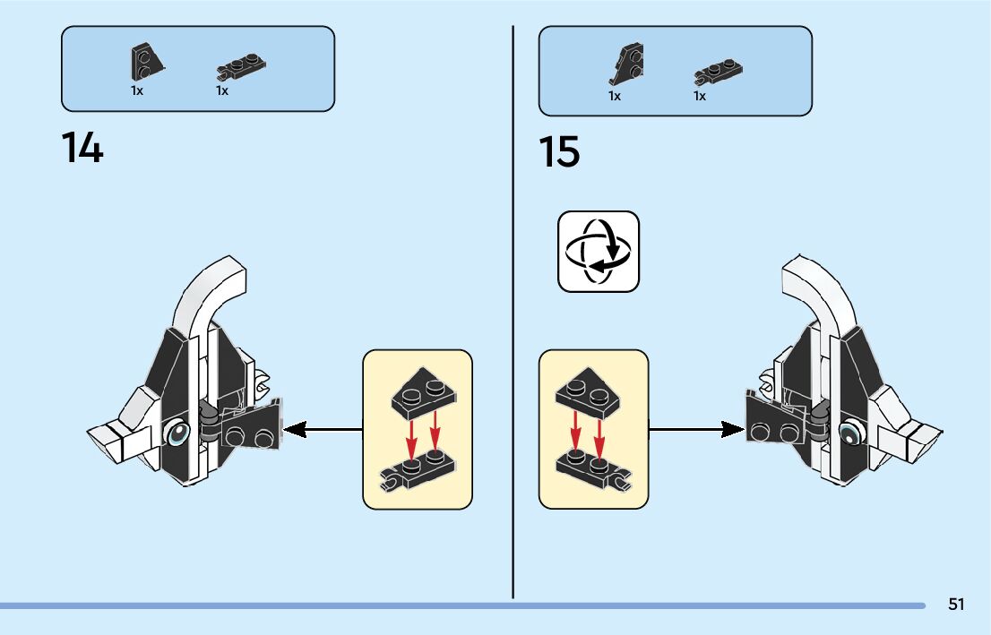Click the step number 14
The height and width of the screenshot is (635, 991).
(82, 148)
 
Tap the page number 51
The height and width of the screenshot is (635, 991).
(956, 605)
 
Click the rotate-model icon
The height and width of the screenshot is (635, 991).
(599, 252)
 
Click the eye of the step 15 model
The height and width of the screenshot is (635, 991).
(848, 435)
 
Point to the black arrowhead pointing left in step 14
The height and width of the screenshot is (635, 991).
(294, 431)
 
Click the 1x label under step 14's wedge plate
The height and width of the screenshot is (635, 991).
(137, 91)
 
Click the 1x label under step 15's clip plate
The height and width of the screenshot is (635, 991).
(700, 96)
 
